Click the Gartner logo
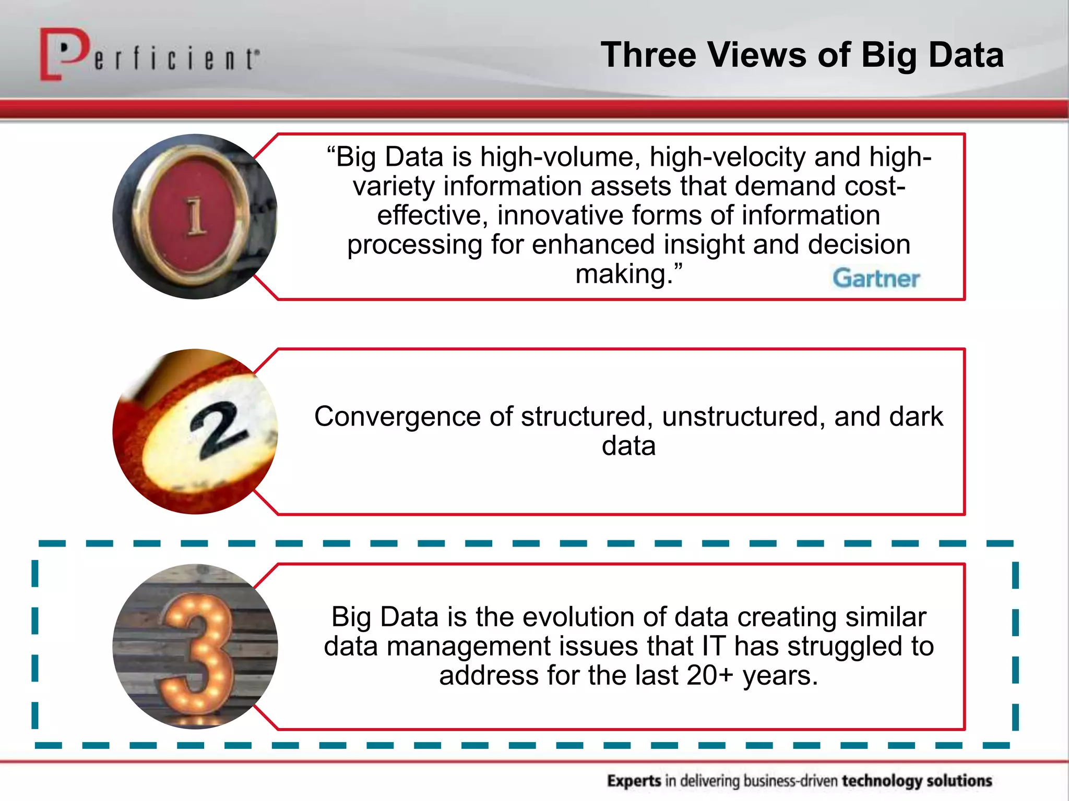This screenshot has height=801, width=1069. click(876, 278)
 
